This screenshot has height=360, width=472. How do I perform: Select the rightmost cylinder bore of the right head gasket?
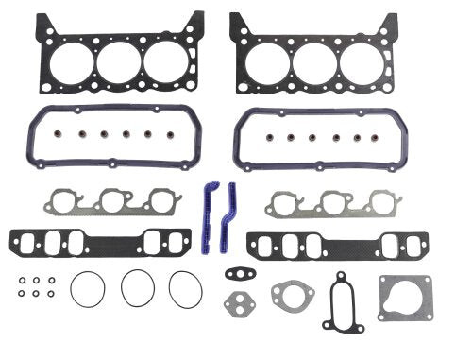[x=362, y=63]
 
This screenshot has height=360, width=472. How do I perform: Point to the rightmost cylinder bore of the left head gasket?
[x=166, y=63]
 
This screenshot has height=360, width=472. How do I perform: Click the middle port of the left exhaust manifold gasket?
[x=115, y=201]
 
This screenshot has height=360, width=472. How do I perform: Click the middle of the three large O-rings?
[x=138, y=288]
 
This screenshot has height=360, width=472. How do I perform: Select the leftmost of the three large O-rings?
[x=87, y=288]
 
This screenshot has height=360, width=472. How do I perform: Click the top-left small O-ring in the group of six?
[x=21, y=280]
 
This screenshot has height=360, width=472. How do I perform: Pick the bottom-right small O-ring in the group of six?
[x=51, y=294]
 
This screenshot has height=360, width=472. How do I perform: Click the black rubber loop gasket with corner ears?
[x=341, y=301]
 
